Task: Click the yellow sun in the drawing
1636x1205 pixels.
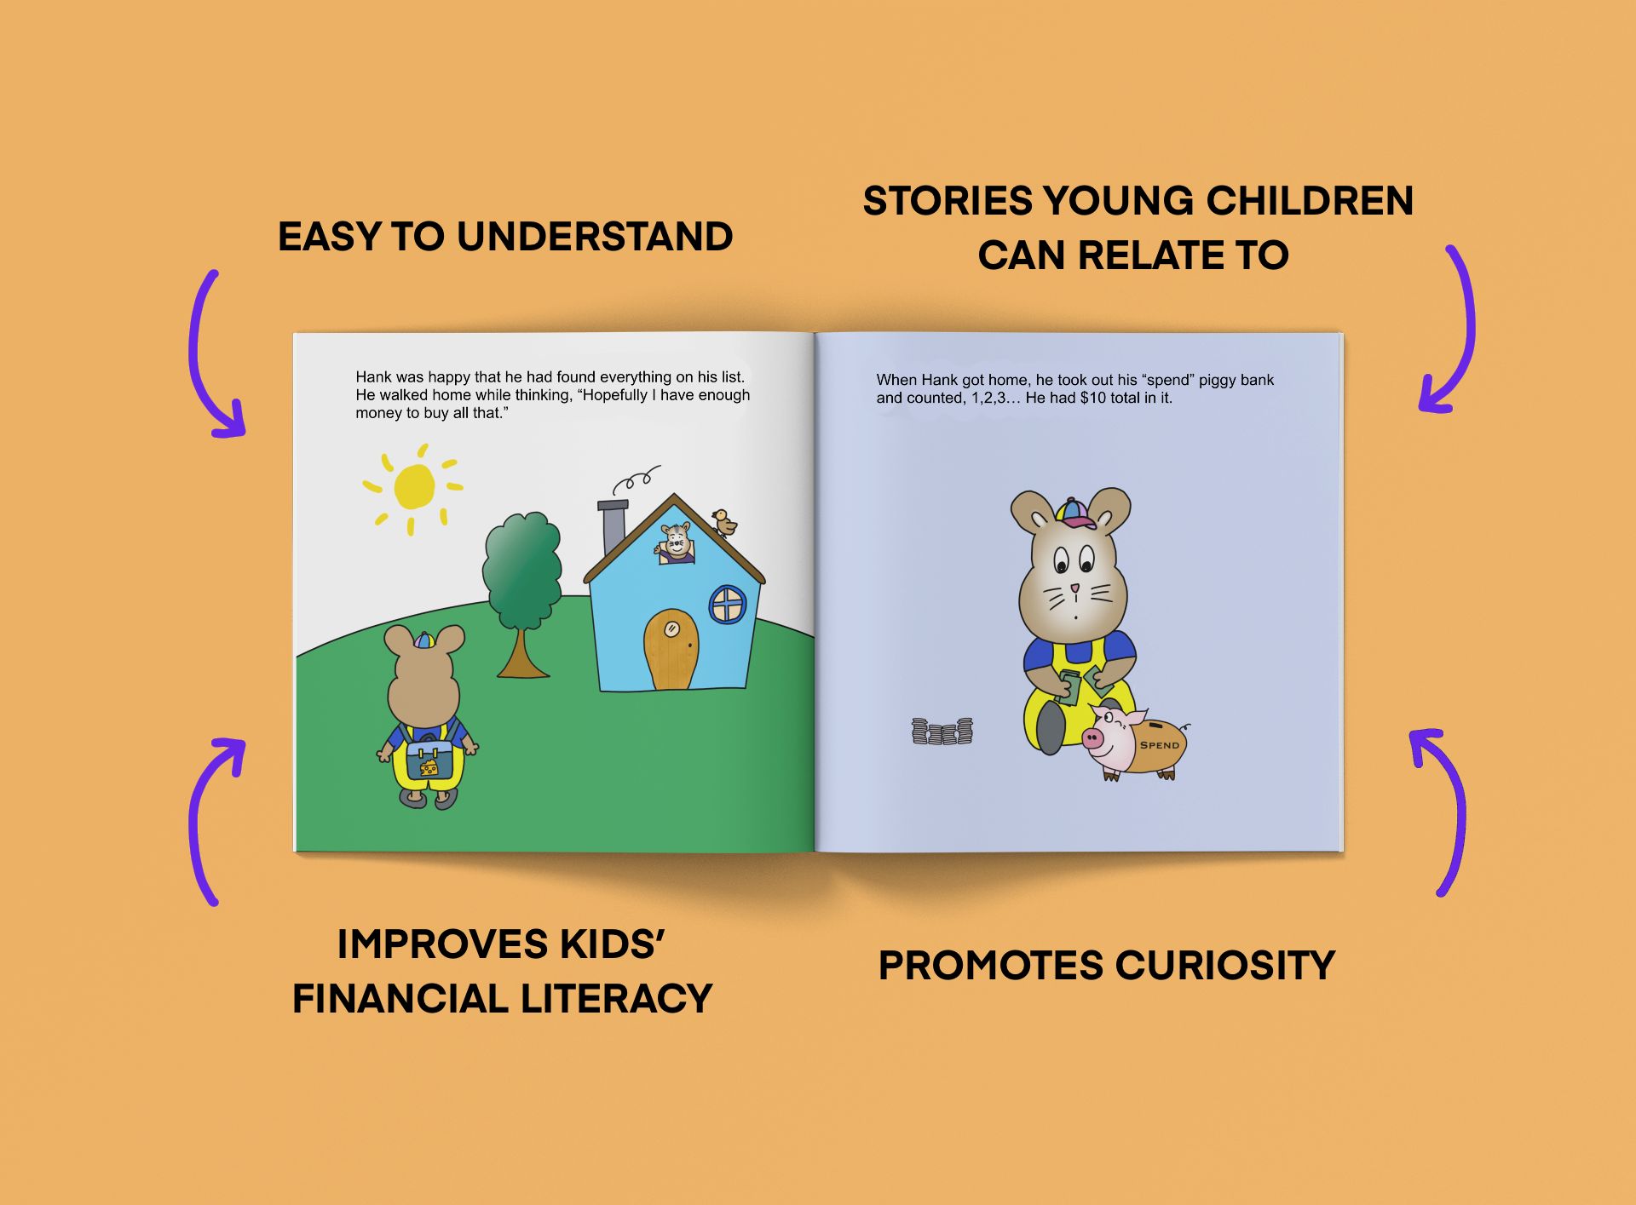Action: (x=414, y=488)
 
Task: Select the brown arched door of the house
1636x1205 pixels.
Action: (x=671, y=649)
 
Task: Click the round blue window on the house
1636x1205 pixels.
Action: (x=728, y=605)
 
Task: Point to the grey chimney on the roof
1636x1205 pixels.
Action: (x=613, y=527)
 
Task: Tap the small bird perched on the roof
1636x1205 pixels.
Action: (x=724, y=522)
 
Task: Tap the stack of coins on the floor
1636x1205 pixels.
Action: (x=942, y=732)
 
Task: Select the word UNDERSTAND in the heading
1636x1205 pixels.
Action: (x=595, y=237)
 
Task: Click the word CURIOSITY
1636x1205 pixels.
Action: (x=1224, y=966)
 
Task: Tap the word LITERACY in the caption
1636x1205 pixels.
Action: (x=616, y=999)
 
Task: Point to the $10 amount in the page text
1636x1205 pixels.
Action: (x=1092, y=398)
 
